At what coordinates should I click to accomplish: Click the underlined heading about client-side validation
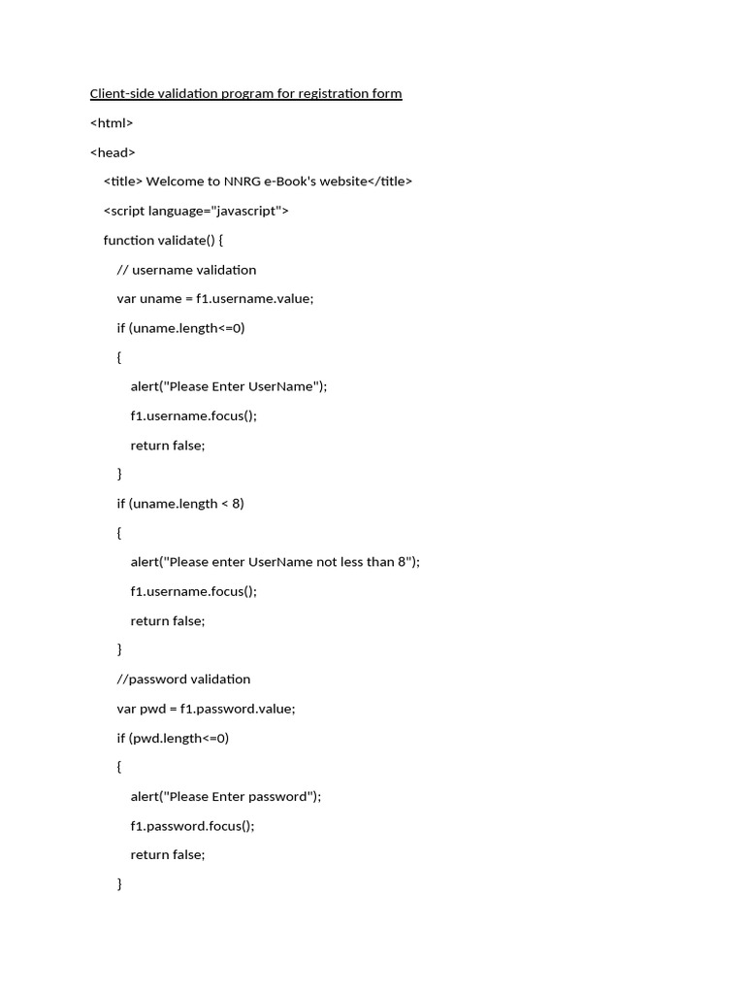pos(245,94)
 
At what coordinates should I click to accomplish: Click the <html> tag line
pos(112,123)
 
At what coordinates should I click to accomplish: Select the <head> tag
pos(113,152)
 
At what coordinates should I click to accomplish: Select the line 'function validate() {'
pos(164,240)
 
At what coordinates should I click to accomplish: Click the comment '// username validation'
pos(186,270)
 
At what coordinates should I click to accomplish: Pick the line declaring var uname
pos(215,299)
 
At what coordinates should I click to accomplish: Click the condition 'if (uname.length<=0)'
pos(181,328)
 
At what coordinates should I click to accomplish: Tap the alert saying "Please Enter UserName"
pos(229,386)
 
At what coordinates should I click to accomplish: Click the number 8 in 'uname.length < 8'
pos(239,504)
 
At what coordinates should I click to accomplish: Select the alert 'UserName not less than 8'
pos(275,562)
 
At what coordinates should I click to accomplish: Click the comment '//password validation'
pos(183,679)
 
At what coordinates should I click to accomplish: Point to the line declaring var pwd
pos(206,709)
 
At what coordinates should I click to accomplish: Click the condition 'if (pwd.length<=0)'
pos(173,738)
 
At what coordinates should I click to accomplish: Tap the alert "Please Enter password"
pos(226,797)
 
